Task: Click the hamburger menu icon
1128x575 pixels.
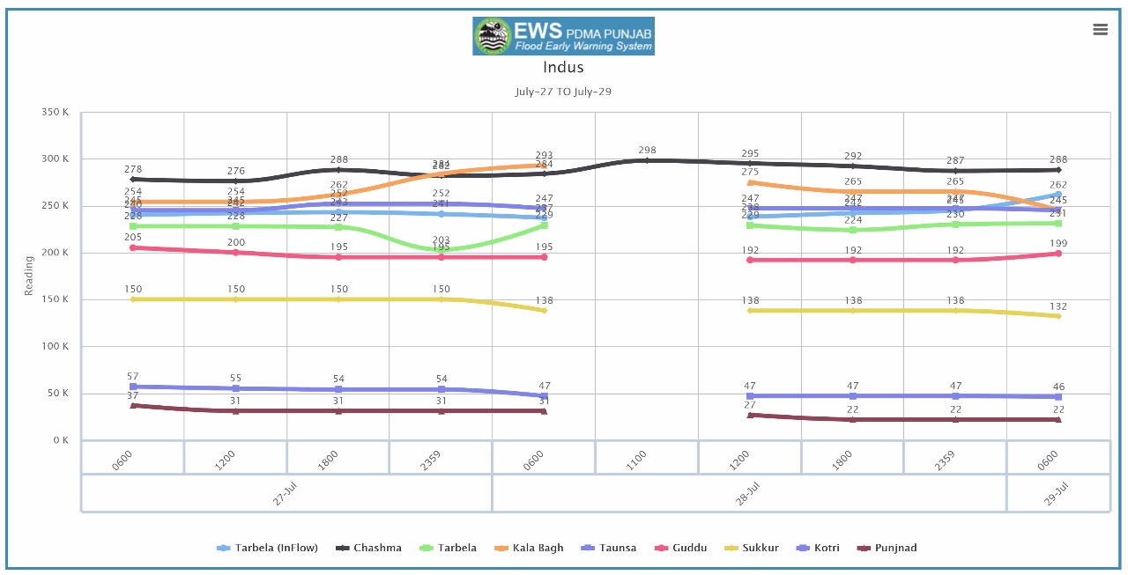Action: [x=1100, y=29]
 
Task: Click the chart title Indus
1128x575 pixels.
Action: [x=563, y=67]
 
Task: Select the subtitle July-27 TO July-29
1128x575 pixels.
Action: [x=563, y=92]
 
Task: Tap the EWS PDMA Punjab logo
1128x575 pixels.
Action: [x=563, y=36]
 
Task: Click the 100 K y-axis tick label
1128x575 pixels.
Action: [x=56, y=347]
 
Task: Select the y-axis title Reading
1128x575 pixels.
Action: [x=28, y=276]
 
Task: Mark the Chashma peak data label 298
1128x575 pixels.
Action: [x=648, y=151]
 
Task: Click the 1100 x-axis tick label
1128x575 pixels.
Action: [x=637, y=460]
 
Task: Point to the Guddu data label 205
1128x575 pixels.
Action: [x=132, y=237]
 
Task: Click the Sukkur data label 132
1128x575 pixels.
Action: [x=1057, y=306]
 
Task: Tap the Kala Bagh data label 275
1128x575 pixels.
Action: [x=750, y=173]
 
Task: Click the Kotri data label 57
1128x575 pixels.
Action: [x=132, y=376]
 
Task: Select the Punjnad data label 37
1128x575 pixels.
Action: [x=132, y=395]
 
